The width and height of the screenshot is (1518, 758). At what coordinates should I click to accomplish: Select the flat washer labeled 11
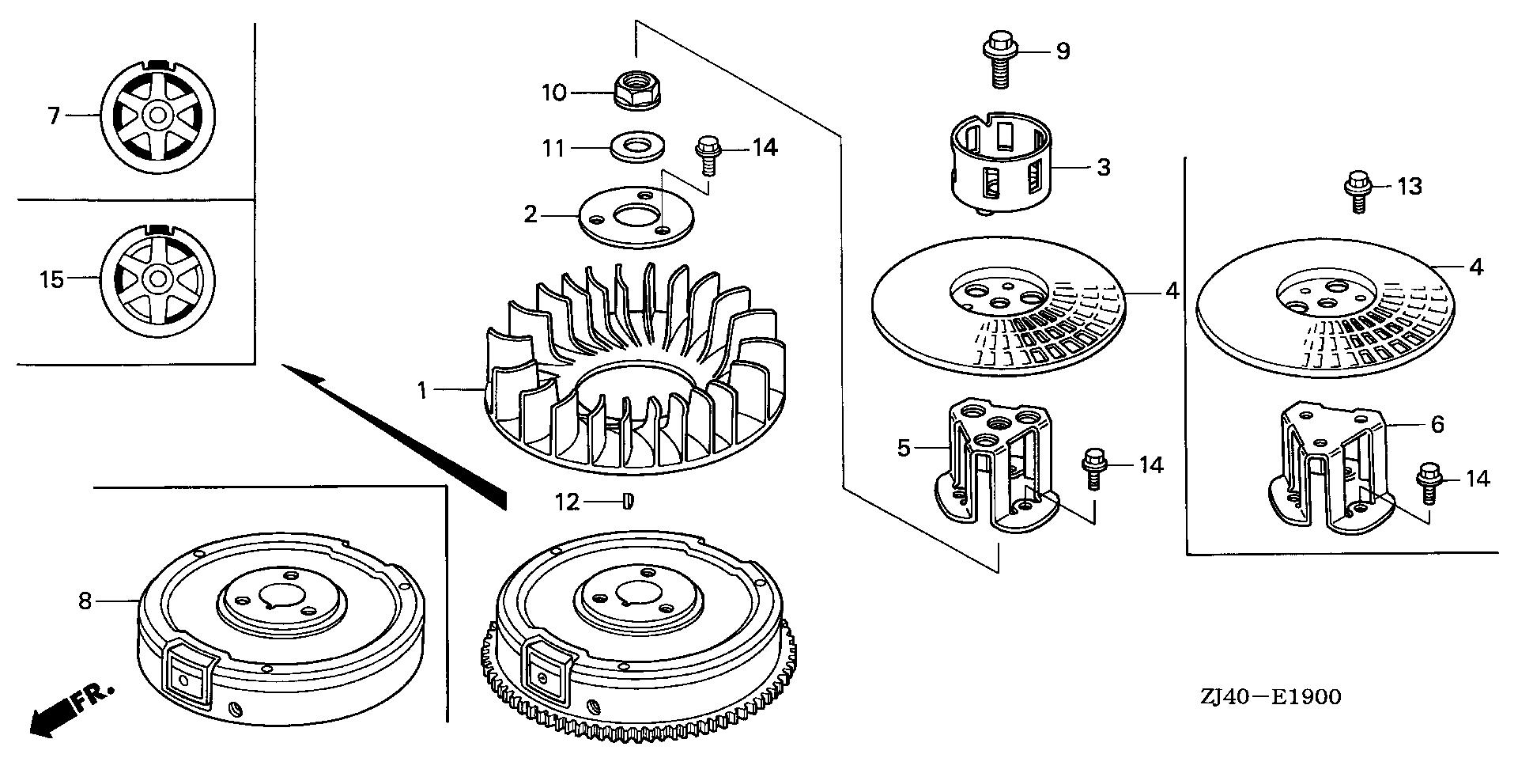pos(637,148)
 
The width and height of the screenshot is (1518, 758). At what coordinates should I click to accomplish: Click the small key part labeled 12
pos(628,502)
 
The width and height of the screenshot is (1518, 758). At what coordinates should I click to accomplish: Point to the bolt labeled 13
pos(1357,191)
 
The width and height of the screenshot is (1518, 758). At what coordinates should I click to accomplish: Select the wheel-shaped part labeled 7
pos(158,116)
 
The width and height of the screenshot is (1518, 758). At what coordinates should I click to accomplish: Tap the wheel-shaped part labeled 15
pos(158,279)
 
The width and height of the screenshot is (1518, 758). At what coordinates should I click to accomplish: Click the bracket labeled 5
pos(994,464)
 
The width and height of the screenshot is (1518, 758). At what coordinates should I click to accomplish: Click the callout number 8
pos(85,601)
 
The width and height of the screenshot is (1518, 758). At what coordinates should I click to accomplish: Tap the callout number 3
pos(1104,168)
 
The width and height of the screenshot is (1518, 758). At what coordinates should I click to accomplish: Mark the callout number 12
pos(566,502)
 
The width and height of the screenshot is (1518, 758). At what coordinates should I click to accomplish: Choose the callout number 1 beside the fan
pos(422,389)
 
